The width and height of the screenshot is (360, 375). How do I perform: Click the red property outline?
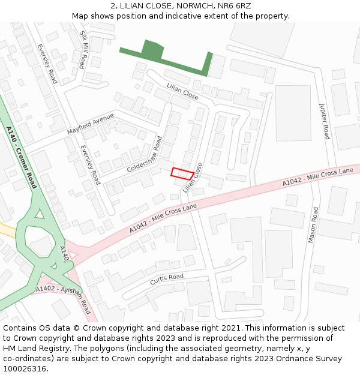coord(182,173)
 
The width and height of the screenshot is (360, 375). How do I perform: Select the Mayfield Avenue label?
coord(90,123)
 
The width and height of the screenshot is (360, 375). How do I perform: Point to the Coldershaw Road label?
coord(145,155)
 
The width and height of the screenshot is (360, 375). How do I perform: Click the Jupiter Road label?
coord(325,121)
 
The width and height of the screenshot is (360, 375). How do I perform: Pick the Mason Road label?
coord(313,225)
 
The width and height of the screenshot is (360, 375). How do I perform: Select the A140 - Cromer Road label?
coord(21,157)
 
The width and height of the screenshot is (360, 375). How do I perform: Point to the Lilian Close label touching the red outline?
coord(194,178)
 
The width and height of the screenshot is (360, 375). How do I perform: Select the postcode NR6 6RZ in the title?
coord(235,6)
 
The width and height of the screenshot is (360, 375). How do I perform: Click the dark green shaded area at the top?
coord(154,53)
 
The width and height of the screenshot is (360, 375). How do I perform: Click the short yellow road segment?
coord(7,229)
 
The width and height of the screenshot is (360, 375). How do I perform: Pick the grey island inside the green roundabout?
coord(41,244)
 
